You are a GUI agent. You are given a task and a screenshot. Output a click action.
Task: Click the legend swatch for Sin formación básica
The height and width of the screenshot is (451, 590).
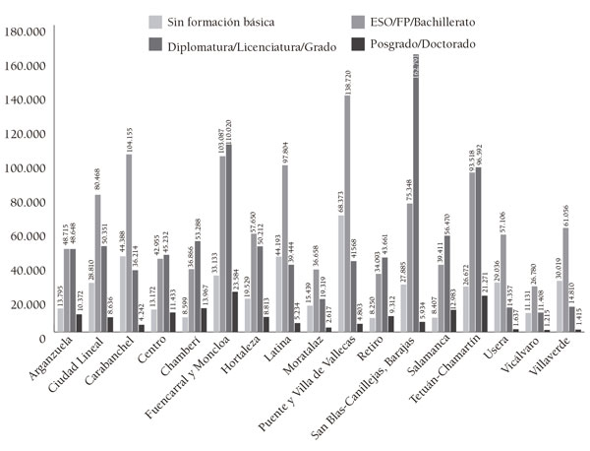click(x=154, y=21)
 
